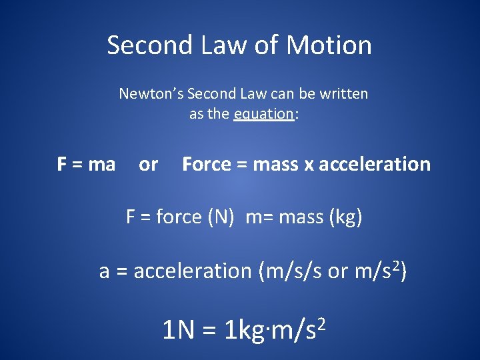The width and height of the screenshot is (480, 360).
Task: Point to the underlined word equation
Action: click(x=264, y=114)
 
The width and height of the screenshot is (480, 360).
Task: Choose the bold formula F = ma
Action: click(x=86, y=164)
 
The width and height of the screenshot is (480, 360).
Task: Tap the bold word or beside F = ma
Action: click(x=148, y=164)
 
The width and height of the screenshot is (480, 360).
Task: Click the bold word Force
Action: click(x=205, y=164)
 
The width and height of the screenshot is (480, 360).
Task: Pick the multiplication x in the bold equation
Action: click(x=309, y=165)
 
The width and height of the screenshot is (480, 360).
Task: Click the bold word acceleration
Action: click(x=375, y=164)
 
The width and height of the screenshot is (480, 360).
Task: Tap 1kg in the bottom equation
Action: click(x=245, y=330)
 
